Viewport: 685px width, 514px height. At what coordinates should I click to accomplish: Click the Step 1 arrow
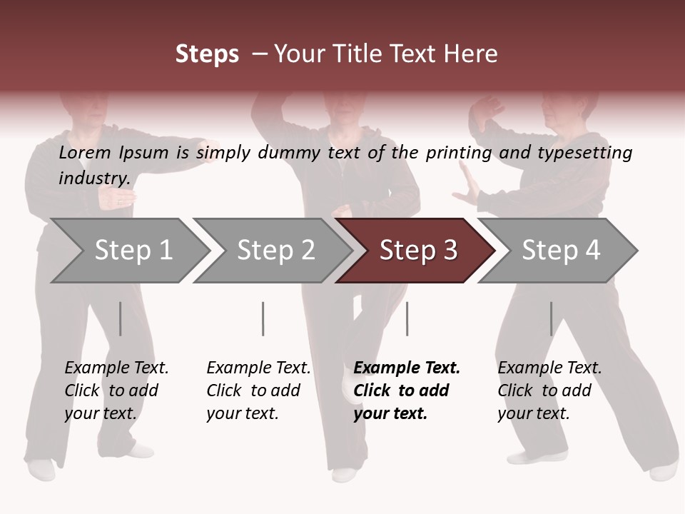(132, 251)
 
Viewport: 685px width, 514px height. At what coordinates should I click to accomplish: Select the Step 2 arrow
(275, 251)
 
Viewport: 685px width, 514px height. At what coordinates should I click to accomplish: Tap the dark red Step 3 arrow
(417, 251)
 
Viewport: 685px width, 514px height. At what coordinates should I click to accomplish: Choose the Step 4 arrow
(560, 251)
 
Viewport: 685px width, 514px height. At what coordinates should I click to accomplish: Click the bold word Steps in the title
(207, 54)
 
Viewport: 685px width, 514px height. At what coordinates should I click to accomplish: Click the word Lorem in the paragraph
(84, 152)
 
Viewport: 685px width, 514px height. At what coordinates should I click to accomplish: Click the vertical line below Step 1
(121, 318)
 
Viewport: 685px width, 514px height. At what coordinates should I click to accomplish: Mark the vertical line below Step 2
(263, 318)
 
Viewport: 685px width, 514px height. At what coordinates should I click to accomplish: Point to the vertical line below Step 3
(407, 318)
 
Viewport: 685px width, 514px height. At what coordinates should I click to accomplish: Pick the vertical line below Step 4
(551, 318)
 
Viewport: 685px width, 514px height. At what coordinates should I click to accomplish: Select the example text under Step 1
(116, 390)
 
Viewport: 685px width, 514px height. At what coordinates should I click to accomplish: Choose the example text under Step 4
(549, 390)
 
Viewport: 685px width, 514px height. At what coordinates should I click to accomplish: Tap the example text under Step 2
(258, 390)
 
